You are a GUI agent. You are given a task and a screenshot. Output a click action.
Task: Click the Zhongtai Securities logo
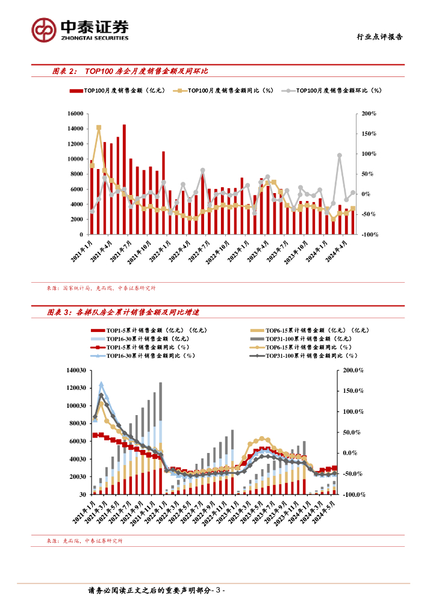81,29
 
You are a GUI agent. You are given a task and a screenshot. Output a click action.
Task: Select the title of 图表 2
130,72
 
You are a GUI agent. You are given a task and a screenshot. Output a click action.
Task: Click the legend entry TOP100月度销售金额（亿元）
118,91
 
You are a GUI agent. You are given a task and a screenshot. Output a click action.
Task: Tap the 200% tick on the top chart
369,114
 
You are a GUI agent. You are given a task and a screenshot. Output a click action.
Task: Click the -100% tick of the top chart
367,234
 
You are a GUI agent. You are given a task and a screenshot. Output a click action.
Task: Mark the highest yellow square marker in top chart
99,128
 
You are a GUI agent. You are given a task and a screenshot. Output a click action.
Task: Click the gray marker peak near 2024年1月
340,155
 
